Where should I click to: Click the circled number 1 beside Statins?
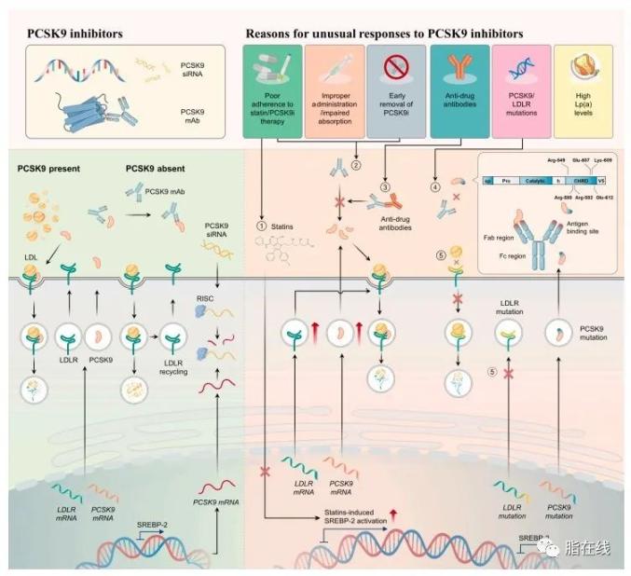point(261,223)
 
